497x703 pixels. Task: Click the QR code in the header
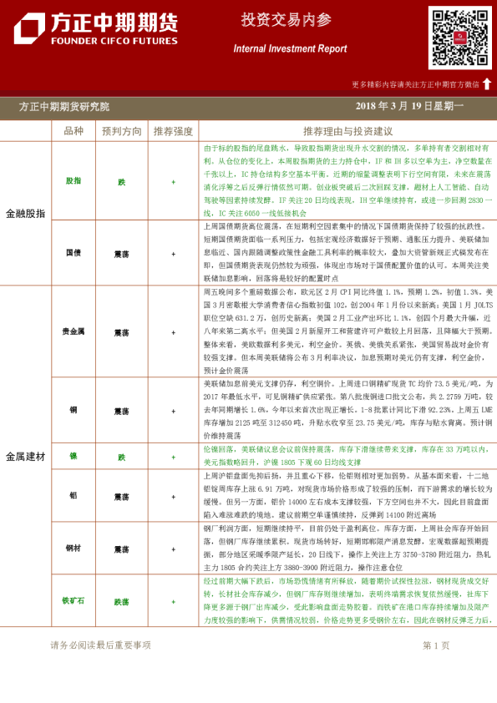click(x=460, y=38)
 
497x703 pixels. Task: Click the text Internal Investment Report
click(x=290, y=48)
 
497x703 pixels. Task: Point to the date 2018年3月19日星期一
click(x=409, y=106)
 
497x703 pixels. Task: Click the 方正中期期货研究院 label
click(x=63, y=107)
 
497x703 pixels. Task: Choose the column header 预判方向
click(x=122, y=131)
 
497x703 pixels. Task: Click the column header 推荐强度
click(x=174, y=131)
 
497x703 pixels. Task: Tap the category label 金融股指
click(x=26, y=213)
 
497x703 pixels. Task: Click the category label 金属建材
click(x=26, y=457)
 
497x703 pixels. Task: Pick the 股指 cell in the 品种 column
click(x=74, y=180)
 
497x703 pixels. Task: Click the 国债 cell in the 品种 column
click(x=74, y=252)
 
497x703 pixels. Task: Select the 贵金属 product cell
click(x=74, y=331)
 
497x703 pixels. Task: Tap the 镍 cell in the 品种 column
click(x=74, y=457)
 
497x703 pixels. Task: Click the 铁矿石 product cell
click(x=74, y=600)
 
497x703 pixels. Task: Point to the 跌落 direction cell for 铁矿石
click(x=122, y=600)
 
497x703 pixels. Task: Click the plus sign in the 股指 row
click(x=174, y=180)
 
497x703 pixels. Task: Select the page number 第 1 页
click(x=436, y=645)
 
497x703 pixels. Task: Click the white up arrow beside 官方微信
click(x=487, y=83)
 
